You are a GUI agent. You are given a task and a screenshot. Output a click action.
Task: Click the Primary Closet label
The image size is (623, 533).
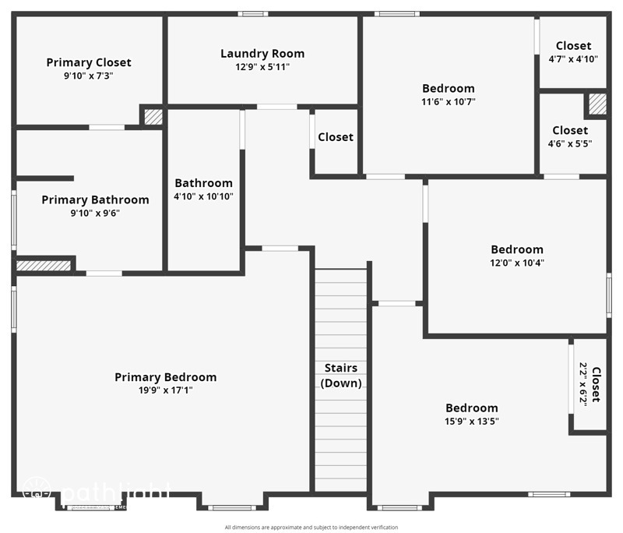pos(89,62)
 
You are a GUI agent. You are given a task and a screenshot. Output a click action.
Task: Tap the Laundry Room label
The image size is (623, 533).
pos(262,54)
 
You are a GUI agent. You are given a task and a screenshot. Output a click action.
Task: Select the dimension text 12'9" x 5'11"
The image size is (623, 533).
pos(262,67)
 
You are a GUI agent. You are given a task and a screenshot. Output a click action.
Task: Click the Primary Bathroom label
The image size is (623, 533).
pos(95,200)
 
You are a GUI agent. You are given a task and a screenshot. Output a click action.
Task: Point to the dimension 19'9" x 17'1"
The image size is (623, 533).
pos(166,390)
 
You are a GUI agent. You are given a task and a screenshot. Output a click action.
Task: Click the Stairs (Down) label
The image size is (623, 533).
pos(341,376)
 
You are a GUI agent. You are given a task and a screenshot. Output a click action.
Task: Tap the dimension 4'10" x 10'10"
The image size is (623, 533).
pos(203,196)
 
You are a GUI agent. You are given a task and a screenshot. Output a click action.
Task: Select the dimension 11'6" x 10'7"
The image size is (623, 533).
pos(448,101)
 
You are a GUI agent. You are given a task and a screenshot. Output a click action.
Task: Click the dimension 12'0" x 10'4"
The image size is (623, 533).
pos(517,263)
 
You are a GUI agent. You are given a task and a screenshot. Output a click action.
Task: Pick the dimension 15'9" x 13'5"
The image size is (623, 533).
pos(471,422)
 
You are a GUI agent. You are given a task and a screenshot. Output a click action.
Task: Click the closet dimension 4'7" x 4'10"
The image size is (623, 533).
pos(573,59)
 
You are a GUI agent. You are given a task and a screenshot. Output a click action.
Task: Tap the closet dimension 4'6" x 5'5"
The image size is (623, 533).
pos(570,143)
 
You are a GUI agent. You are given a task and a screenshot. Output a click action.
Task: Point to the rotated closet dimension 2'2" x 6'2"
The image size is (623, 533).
pos(582,385)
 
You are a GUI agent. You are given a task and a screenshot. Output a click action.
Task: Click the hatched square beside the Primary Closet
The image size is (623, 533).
pos(153,117)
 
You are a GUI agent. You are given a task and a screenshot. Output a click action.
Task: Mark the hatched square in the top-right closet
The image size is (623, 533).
pos(597,104)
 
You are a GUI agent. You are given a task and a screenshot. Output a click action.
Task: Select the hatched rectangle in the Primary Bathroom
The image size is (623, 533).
pos(44,266)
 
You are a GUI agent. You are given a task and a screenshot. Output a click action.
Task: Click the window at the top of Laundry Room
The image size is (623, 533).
pos(253,13)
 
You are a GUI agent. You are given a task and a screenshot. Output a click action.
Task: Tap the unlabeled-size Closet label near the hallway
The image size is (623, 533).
pos(336,137)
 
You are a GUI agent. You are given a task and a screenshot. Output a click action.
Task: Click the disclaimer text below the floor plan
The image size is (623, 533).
pos(311,528)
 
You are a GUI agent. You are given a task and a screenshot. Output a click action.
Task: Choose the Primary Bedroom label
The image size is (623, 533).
pos(166,377)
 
